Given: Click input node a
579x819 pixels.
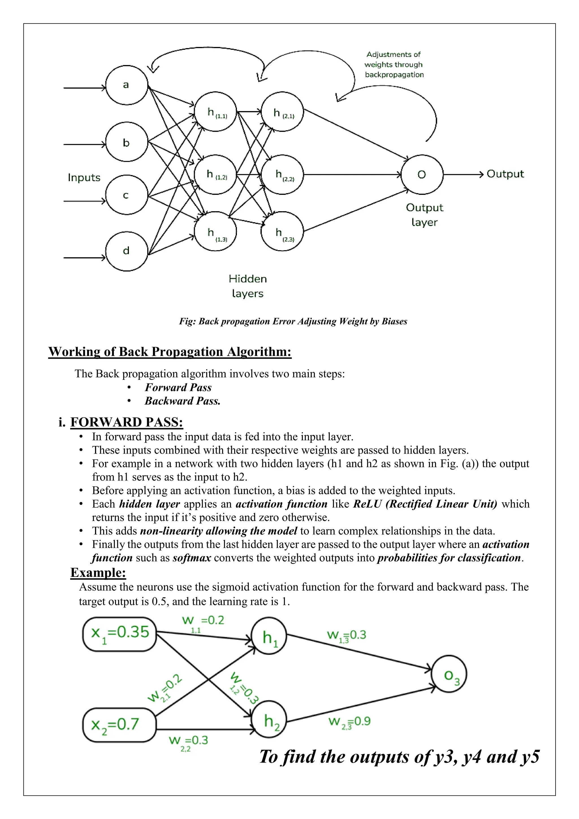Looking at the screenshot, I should [x=127, y=85].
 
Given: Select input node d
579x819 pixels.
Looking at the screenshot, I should [x=127, y=251].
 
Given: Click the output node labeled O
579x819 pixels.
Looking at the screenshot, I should [x=422, y=174].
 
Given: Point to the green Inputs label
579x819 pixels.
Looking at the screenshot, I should [x=84, y=178].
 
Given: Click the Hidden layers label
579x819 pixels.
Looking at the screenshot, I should [x=248, y=286].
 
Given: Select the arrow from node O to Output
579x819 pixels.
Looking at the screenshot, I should [x=463, y=174].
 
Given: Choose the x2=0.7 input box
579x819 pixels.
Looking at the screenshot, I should [x=119, y=725].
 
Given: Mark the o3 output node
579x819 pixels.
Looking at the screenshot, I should [x=449, y=674].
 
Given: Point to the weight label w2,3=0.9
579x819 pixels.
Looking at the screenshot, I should [x=349, y=722].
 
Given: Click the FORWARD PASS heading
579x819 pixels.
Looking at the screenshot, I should [x=127, y=422].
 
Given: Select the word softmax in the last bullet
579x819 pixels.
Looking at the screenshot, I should [x=192, y=558].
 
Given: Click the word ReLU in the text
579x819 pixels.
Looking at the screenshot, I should [x=367, y=504].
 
